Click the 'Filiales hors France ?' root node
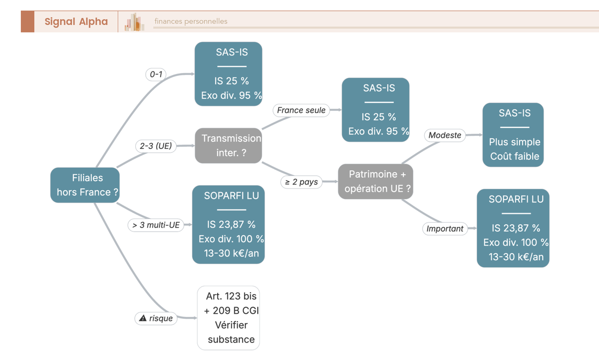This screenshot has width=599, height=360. coord(85,185)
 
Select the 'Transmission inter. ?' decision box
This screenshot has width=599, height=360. coord(229,145)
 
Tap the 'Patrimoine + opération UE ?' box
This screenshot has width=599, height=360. coord(375,181)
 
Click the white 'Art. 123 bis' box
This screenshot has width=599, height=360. coord(229,318)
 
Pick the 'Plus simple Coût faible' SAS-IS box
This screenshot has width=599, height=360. coord(513,135)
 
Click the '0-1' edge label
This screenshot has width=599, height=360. coord(156,74)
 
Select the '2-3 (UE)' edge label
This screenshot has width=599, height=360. coord(156,146)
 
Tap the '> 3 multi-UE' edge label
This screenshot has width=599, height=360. coord(156,225)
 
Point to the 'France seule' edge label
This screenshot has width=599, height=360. coord(301,110)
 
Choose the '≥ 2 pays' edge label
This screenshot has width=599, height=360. coord(301,182)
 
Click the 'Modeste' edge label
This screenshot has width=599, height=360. coord(445,135)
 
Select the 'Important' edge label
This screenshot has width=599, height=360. coord(445,229)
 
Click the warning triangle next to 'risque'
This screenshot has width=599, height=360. coord(143,318)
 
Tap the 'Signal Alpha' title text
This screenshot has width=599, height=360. coord(76,21)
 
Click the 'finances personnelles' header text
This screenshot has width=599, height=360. coord(191,21)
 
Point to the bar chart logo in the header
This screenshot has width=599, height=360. coord(134,21)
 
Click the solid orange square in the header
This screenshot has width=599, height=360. coord(27,21)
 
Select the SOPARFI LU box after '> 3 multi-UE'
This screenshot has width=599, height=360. coord(229,224)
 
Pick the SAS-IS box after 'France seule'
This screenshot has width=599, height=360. coord(375,110)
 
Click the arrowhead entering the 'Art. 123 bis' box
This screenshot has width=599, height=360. coord(196,318)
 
